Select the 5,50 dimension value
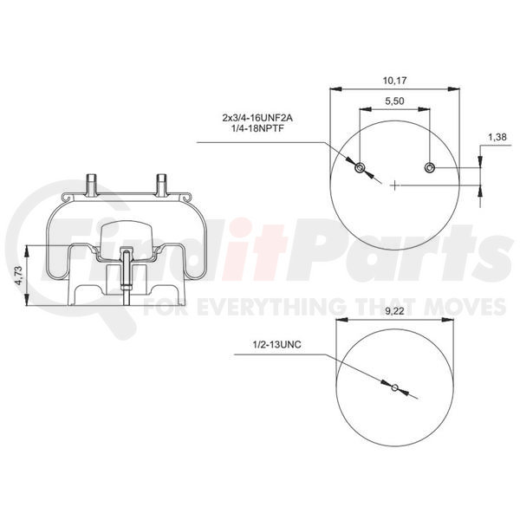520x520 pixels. (395, 102)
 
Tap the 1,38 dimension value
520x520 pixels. (497, 138)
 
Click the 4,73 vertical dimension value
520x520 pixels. (18, 276)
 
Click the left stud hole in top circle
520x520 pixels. (360, 166)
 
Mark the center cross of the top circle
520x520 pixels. (395, 185)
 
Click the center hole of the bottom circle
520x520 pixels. (394, 387)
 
